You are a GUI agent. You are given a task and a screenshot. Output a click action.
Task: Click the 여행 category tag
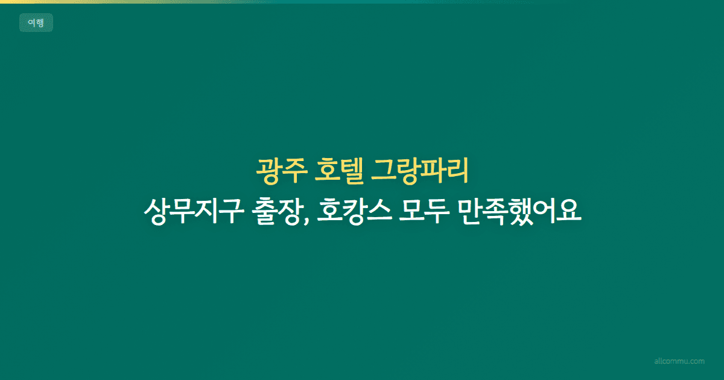pyautogui.click(x=36, y=23)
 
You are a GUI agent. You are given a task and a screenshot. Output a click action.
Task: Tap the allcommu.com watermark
pyautogui.click(x=679, y=361)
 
